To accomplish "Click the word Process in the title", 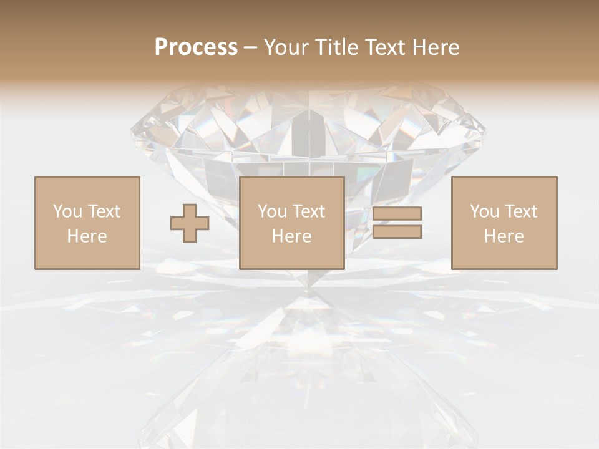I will click(196, 47).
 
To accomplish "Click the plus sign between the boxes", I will click(190, 223).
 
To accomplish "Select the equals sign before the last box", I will click(397, 223).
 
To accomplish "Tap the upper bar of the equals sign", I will click(397, 214).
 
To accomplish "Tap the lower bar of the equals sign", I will click(397, 232).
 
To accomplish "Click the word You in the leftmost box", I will click(67, 211).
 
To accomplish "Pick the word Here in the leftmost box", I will click(87, 236).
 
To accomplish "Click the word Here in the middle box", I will click(291, 236).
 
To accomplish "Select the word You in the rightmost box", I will click(484, 211).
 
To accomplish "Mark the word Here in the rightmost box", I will click(504, 236).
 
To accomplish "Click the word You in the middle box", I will click(272, 211).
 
